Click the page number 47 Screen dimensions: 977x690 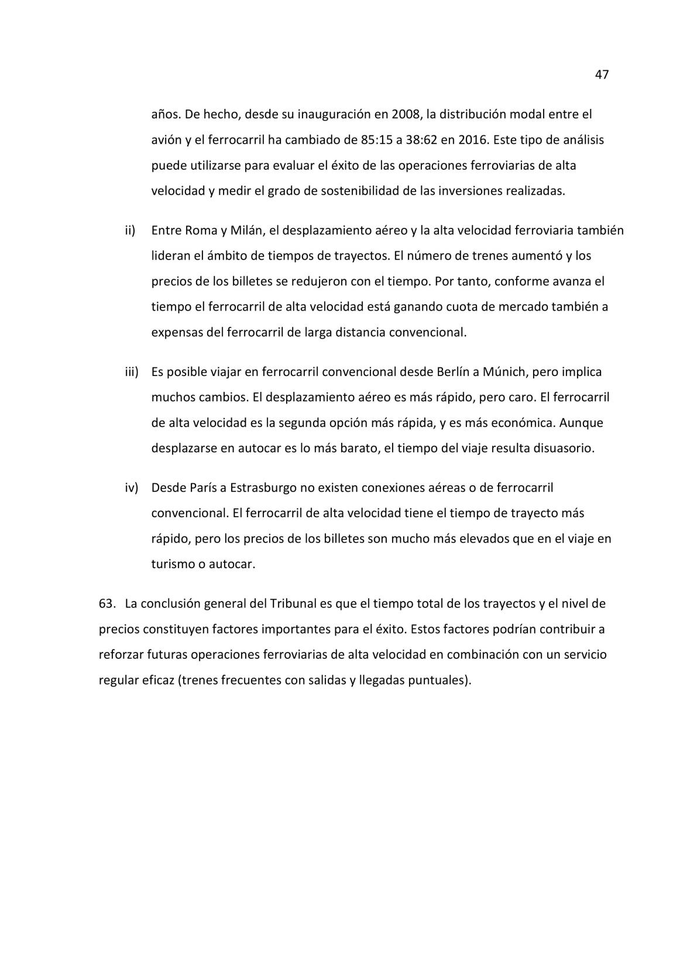click(602, 75)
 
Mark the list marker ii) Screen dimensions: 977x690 click(130, 230)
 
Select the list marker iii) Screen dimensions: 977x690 click(131, 372)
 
